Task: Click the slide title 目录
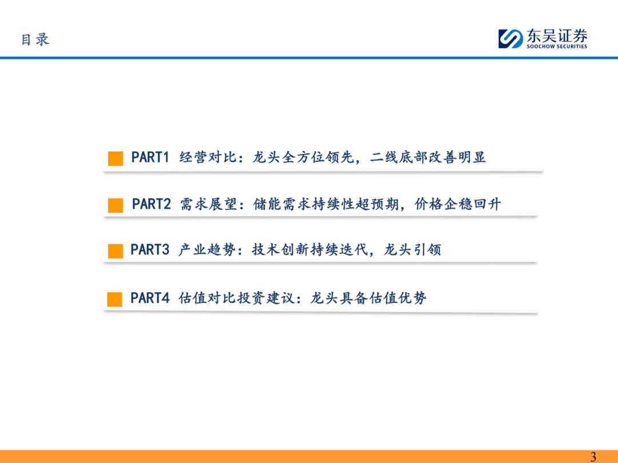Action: point(35,39)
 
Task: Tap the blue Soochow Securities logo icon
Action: point(510,39)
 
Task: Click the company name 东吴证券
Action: point(557,36)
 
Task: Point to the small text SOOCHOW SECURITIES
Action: point(557,46)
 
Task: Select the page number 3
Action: point(593,457)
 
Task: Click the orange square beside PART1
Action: point(116,158)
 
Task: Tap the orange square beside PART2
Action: point(116,205)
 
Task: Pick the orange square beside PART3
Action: point(116,251)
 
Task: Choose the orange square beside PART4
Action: point(114,299)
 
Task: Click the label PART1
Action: point(150,157)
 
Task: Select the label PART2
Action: point(151,204)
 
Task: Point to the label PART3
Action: point(150,250)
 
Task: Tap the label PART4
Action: point(150,298)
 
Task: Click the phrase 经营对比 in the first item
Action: point(208,157)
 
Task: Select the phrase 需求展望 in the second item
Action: point(209,204)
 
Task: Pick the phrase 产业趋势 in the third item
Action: point(207,250)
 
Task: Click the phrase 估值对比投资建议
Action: point(237,298)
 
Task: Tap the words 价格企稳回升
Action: point(458,204)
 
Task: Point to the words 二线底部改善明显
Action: point(427,157)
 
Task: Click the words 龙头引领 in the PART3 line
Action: point(413,250)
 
